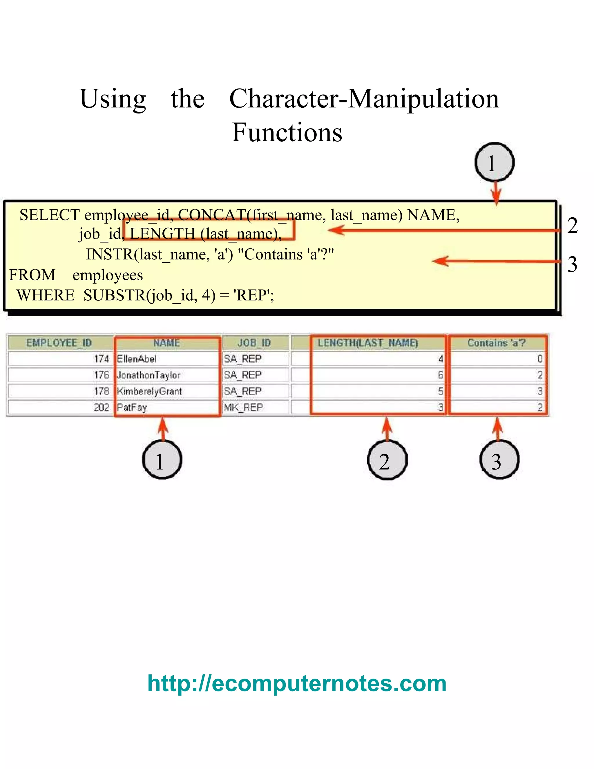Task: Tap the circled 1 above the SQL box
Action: coord(495,163)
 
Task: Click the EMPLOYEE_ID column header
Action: coord(59,343)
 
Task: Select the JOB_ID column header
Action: coord(254,343)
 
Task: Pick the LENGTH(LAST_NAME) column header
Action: coord(368,343)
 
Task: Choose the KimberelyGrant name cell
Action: coord(149,391)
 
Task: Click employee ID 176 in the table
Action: coord(101,375)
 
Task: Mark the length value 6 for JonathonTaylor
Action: coord(440,375)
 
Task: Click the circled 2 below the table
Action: coord(387,460)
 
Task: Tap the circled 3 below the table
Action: coord(499,460)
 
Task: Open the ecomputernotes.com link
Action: coord(297,683)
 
